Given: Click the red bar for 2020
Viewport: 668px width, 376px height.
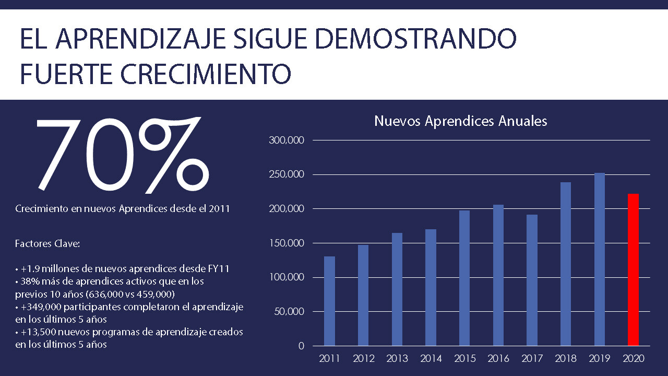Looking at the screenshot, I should coord(633,269).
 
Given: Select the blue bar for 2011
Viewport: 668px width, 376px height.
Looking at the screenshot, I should coord(329,301).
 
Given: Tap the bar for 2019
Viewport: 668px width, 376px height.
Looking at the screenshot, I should coord(599,259).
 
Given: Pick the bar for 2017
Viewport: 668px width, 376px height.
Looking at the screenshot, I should coord(532,280).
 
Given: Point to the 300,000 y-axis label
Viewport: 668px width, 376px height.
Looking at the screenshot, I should coord(285,140).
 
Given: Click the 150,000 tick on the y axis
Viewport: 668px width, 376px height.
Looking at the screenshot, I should coord(285,243).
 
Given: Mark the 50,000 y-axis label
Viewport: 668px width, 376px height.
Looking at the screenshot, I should coord(288,312).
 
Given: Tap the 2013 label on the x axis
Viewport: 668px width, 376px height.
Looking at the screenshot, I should coord(397,359).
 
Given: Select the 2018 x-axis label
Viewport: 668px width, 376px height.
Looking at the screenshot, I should coord(566,359).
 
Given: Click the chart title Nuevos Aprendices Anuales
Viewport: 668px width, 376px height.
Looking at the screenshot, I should coord(461,121).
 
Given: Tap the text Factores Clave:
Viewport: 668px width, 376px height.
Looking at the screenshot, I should coord(47,243).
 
